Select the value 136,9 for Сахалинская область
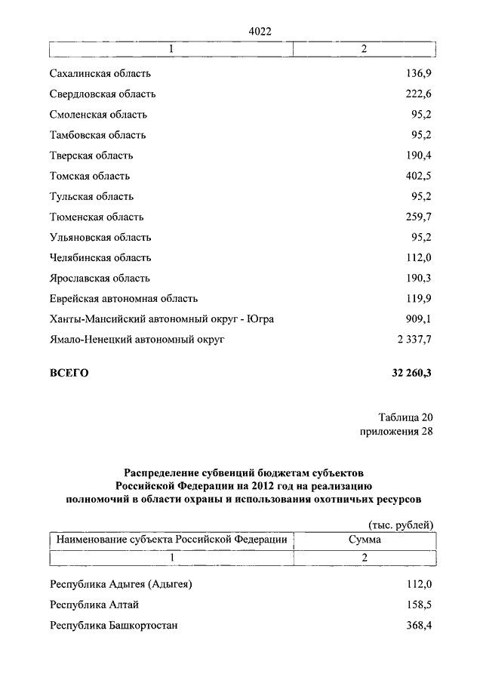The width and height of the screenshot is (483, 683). (x=417, y=74)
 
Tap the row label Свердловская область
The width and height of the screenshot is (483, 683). (x=103, y=94)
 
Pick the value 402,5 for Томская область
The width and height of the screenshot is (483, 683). (x=417, y=176)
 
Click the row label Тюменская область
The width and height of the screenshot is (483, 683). (x=97, y=217)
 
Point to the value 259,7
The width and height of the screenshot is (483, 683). (x=417, y=217)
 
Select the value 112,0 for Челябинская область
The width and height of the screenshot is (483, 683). (x=417, y=257)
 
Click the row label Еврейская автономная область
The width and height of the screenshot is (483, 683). (x=124, y=298)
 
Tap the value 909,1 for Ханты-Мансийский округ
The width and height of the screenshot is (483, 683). (x=417, y=318)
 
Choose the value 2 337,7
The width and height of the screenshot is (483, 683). (x=412, y=339)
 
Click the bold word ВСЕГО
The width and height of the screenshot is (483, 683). (x=69, y=373)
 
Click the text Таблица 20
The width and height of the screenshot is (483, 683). (x=405, y=417)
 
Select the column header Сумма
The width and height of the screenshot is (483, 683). (x=365, y=540)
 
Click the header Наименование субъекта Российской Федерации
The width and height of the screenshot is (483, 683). (x=171, y=540)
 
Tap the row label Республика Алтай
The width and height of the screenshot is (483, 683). (x=94, y=605)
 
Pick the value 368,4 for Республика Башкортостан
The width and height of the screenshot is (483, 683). (x=417, y=625)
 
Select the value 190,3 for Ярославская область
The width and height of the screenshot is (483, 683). (x=417, y=278)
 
